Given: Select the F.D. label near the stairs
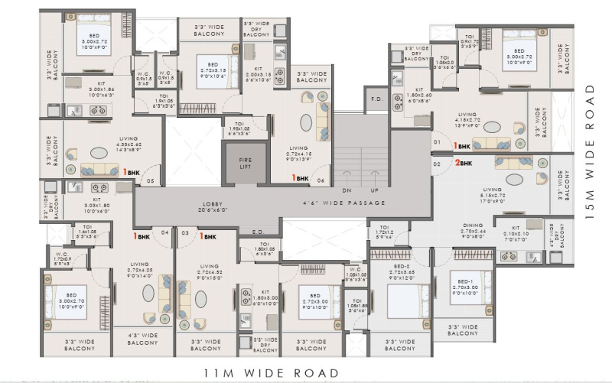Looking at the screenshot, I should [x=376, y=99].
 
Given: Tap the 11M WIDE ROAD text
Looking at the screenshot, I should [x=271, y=372].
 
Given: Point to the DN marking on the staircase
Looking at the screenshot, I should [x=347, y=189].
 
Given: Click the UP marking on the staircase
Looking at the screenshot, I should [x=374, y=189].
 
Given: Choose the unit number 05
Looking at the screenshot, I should [x=150, y=181].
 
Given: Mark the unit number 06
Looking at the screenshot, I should [x=319, y=181].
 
